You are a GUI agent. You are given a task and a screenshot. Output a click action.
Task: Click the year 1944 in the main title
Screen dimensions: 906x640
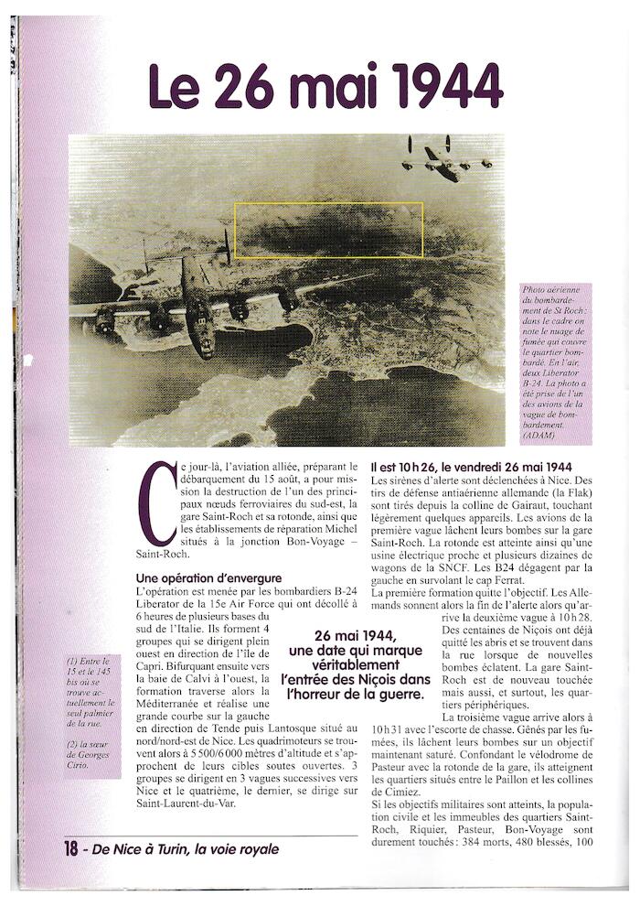(445, 87)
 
